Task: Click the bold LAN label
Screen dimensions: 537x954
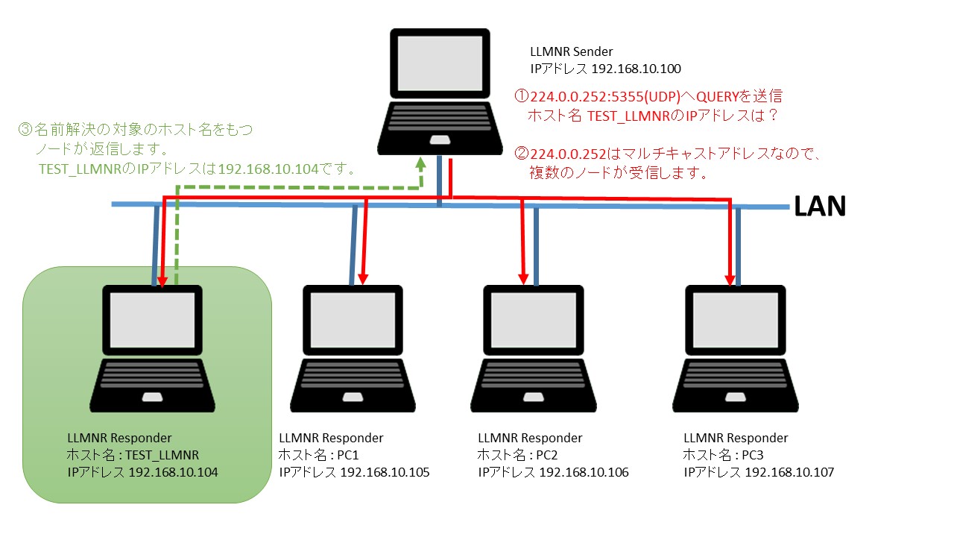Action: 820,207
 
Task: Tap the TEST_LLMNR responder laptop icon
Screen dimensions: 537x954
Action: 153,348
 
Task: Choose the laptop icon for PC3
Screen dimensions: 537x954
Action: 735,348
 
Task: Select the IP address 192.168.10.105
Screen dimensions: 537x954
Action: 385,472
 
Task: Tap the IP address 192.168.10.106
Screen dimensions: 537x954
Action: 584,472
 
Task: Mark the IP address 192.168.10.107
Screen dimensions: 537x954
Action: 789,472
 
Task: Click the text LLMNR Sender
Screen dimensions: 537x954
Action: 572,52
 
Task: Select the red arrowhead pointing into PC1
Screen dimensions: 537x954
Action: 363,277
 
